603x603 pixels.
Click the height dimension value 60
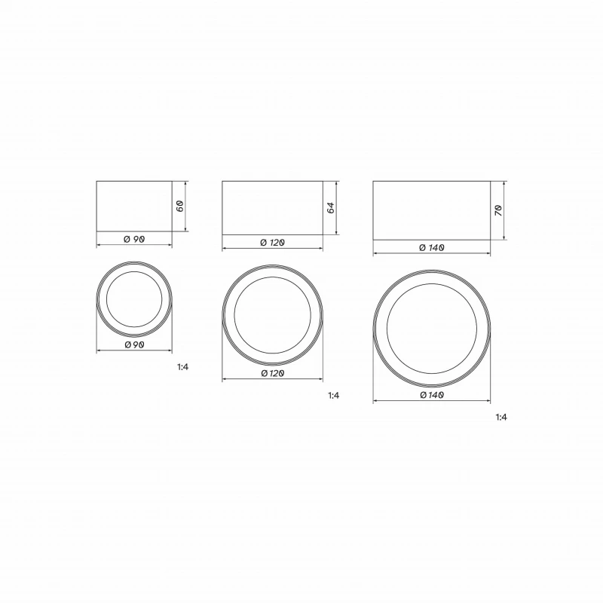click(x=179, y=206)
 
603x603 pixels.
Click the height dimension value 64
click(x=331, y=208)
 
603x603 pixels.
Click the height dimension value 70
click(x=498, y=210)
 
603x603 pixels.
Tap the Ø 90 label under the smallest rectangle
click(x=134, y=239)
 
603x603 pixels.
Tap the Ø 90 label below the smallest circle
click(x=135, y=345)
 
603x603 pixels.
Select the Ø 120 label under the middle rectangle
click(x=272, y=243)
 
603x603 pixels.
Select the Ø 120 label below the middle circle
click(x=273, y=373)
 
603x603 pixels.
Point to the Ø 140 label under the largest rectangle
click(x=431, y=248)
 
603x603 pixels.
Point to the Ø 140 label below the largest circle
click(x=432, y=395)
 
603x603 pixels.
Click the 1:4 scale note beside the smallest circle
click(x=182, y=367)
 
